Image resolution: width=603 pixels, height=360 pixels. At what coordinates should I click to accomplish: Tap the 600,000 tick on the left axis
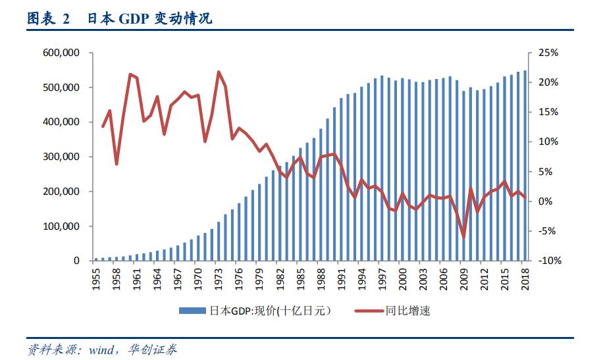[x=62, y=53]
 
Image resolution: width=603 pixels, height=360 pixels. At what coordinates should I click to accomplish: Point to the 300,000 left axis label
[x=62, y=157]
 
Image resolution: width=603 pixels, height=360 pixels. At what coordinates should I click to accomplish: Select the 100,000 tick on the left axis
[x=62, y=226]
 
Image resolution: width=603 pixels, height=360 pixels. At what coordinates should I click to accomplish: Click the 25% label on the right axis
[x=549, y=53]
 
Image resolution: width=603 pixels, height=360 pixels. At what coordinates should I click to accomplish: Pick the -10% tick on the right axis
[x=548, y=261]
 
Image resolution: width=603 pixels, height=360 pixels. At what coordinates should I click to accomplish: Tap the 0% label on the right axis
[x=550, y=201]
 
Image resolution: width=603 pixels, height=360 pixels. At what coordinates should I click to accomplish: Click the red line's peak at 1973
[x=219, y=72]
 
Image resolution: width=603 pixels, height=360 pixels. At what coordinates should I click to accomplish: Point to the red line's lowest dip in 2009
[x=463, y=238]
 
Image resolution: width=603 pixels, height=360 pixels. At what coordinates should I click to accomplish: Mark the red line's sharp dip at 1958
[x=117, y=164]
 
